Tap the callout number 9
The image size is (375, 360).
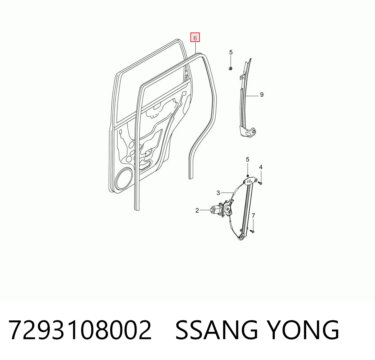tap(262, 95)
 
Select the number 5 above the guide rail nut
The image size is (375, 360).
tap(231, 52)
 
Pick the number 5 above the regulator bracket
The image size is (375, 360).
tap(248, 159)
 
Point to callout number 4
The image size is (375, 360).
tap(261, 167)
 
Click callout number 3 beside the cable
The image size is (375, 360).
tap(218, 193)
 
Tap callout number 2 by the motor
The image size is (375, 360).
tap(197, 210)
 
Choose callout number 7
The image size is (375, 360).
tap(253, 216)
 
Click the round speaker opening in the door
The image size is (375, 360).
tap(123, 178)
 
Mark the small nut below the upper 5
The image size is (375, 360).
tap(231, 68)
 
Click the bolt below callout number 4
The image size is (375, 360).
tap(260, 183)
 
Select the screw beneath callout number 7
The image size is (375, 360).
tap(252, 231)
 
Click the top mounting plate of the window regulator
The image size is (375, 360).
tap(250, 182)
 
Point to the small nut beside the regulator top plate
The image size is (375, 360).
tap(248, 176)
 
